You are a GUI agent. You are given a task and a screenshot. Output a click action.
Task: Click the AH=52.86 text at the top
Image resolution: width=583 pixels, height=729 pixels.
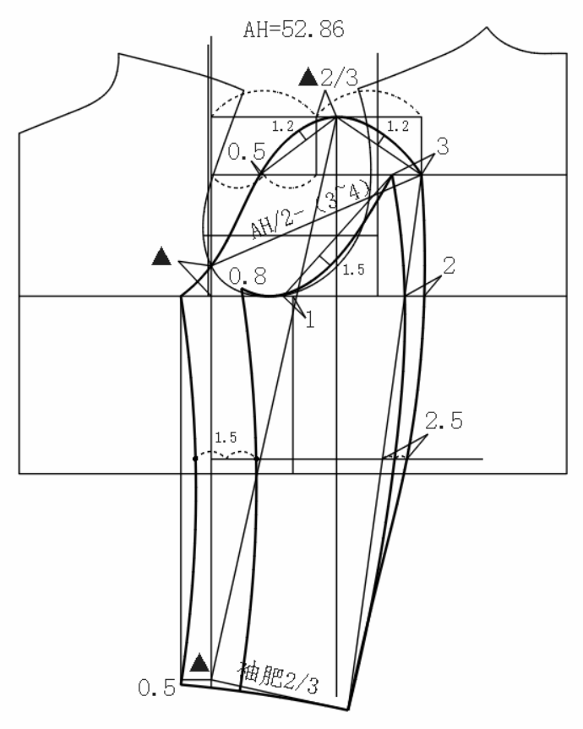point(292,31)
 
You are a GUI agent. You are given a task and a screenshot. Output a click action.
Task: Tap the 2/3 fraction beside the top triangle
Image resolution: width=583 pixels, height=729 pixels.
point(340,79)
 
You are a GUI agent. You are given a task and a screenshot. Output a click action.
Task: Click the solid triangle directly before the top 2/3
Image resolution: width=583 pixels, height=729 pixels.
point(308,79)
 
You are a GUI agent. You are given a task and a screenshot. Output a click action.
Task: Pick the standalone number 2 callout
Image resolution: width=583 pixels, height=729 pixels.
point(449,265)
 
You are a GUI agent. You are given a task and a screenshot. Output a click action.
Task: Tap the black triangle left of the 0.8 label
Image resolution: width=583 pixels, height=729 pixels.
point(161,258)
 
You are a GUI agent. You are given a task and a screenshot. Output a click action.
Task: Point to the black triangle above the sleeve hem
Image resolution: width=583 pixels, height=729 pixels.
point(199,662)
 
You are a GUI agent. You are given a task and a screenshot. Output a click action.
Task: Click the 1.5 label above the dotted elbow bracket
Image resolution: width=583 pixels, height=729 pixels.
point(226,438)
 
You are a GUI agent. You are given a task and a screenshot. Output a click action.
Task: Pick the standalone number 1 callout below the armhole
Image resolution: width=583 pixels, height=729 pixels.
point(308,319)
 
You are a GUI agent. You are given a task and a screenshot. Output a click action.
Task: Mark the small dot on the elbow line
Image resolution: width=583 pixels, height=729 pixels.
point(194,459)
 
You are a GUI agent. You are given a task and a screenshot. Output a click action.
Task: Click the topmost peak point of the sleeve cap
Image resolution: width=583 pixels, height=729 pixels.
point(336,117)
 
